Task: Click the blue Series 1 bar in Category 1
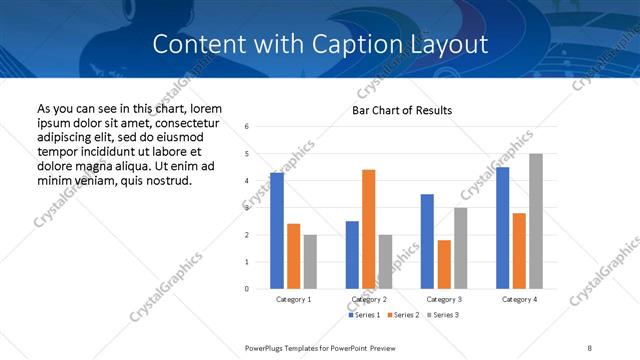[x=277, y=231]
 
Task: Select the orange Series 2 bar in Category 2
[x=368, y=229]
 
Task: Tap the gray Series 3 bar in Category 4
[x=536, y=221]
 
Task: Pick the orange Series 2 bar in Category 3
[x=444, y=264]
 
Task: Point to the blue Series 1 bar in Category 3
[x=427, y=241]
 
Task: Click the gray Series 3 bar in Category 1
[x=310, y=262]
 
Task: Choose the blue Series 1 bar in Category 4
[x=502, y=228]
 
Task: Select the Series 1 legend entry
[x=365, y=315]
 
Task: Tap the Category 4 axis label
[x=519, y=299]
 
